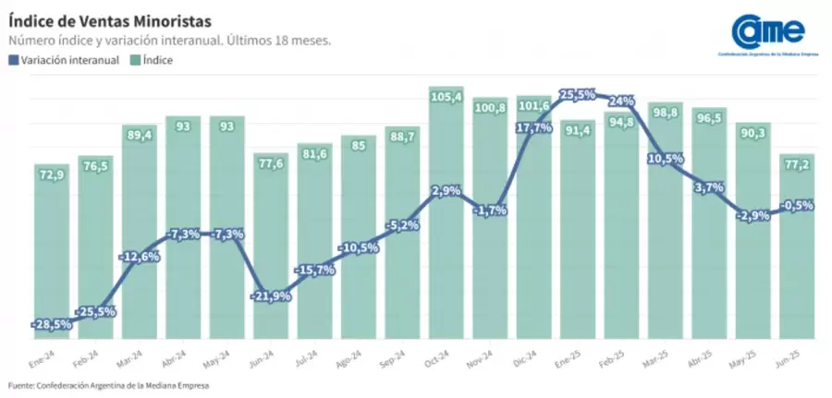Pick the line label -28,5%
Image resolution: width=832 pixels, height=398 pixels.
click(x=53, y=324)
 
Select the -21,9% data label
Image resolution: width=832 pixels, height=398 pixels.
click(x=271, y=295)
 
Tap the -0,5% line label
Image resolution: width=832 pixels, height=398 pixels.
click(x=796, y=205)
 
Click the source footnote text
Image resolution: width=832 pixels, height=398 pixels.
click(x=108, y=385)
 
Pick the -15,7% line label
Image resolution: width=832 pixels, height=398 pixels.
click(x=315, y=269)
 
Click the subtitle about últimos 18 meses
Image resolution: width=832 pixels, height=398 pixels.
click(x=170, y=41)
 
